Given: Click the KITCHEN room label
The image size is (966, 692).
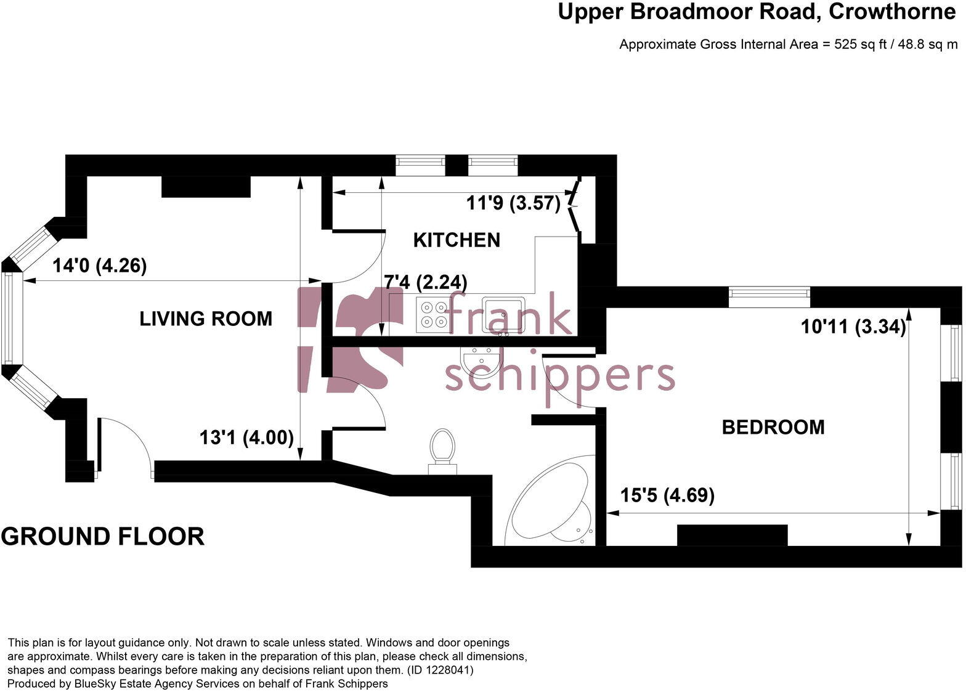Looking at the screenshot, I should [x=457, y=240].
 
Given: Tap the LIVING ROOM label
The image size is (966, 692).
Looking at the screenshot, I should [x=206, y=319].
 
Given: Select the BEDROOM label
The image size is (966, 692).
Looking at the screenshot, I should [x=773, y=427].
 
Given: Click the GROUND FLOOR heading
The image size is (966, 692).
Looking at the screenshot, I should [x=103, y=537].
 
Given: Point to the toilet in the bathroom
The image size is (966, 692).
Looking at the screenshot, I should [x=442, y=450].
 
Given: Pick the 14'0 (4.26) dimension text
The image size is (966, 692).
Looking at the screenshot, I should [x=99, y=266].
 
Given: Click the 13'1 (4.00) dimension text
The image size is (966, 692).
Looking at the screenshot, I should [x=246, y=438].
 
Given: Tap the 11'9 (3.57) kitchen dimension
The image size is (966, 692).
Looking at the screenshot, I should [x=513, y=203].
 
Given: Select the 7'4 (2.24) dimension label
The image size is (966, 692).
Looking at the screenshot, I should [x=426, y=282].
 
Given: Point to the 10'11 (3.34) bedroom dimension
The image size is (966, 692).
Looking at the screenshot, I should [x=853, y=327].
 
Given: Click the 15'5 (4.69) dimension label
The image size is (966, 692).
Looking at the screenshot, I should [x=667, y=495].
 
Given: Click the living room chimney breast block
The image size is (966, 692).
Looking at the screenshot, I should [x=206, y=187].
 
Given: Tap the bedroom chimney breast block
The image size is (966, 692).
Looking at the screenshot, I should [x=732, y=535].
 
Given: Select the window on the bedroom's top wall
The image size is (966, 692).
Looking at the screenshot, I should [x=769, y=297].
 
